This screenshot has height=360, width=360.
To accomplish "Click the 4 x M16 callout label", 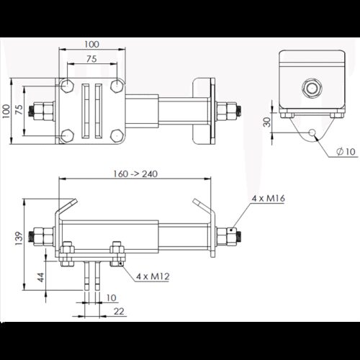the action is click(268, 199).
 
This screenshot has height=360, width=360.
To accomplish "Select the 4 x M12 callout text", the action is click(153, 276).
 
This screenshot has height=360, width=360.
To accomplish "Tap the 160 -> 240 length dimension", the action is click(135, 174).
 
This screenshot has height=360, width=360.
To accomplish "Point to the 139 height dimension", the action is click(19, 238).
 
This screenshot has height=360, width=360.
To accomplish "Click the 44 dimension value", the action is click(41, 277).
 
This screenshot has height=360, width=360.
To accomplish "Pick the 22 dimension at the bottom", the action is click(119, 311).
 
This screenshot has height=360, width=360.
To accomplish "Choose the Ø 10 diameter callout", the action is click(346, 151).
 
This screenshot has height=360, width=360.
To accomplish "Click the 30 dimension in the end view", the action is click(267, 122).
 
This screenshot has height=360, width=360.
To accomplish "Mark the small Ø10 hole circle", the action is click(312, 132).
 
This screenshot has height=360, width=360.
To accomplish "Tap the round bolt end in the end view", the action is click(312, 88).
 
